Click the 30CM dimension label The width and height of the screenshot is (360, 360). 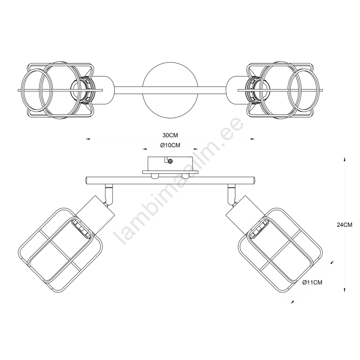[x=170, y=135]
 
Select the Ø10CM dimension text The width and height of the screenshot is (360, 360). [x=170, y=145]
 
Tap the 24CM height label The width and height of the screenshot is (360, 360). [x=344, y=225]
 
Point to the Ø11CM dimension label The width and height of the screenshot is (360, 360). [x=312, y=283]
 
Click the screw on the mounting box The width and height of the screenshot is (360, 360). [x=170, y=162]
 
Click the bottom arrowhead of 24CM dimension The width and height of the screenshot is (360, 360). [x=344, y=290]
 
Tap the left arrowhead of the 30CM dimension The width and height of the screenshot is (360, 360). [x=88, y=139]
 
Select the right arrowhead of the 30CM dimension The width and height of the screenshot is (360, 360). [x=252, y=139]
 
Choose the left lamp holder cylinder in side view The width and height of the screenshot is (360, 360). [x=95, y=215]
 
